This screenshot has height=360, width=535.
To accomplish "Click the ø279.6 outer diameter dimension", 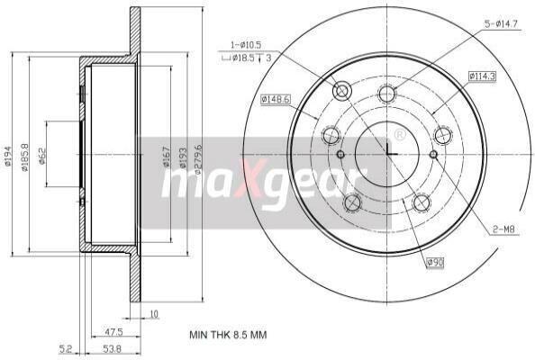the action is [198, 159].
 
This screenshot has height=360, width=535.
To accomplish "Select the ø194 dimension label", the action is [8, 156].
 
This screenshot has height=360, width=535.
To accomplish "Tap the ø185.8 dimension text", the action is [25, 157].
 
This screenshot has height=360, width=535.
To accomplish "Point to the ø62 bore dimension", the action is [41, 156].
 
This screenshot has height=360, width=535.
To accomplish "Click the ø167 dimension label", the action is [166, 157].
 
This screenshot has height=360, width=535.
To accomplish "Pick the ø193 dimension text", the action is [183, 157].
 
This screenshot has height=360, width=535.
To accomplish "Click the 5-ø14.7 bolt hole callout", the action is [501, 24].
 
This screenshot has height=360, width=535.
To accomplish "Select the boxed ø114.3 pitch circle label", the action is [482, 76].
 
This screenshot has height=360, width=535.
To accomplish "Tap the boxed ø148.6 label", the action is [276, 100].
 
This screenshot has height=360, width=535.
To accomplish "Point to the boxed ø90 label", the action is [435, 262].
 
